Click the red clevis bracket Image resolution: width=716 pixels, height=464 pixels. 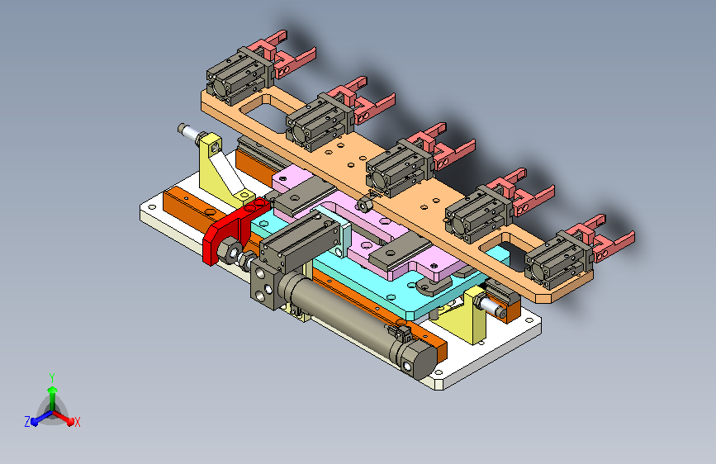(x=228, y=229)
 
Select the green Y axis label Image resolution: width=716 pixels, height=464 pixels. (x=52, y=377)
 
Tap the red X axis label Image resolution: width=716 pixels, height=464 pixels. (x=77, y=422)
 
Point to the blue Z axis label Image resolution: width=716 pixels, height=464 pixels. (x=27, y=422)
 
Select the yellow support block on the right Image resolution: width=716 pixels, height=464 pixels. (x=475, y=315)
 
